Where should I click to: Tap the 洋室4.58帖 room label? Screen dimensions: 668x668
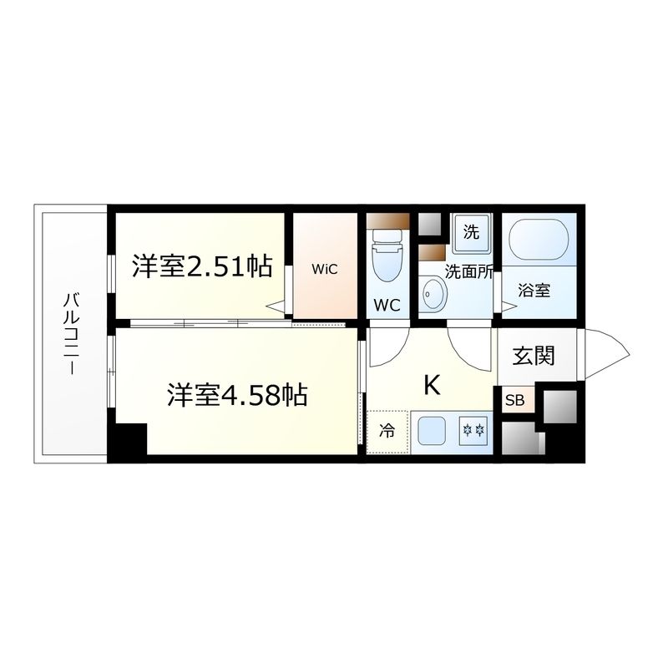tap(237, 394)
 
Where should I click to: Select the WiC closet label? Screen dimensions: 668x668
tap(326, 269)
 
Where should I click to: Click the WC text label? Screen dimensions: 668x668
tap(386, 306)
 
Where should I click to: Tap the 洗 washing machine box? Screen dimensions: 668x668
tap(471, 233)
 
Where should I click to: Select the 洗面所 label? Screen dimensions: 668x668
tap(468, 271)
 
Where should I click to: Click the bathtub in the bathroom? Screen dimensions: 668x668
tap(539, 239)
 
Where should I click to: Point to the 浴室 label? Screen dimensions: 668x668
tap(534, 291)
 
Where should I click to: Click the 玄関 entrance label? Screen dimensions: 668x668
tap(534, 356)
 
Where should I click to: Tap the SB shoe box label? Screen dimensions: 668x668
tap(514, 401)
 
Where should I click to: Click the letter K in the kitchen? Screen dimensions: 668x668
tap(432, 385)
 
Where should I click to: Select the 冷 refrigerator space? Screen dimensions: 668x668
tap(387, 432)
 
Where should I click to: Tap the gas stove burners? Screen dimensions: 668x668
tap(473, 432)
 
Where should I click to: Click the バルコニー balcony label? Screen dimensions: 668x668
tap(70, 334)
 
